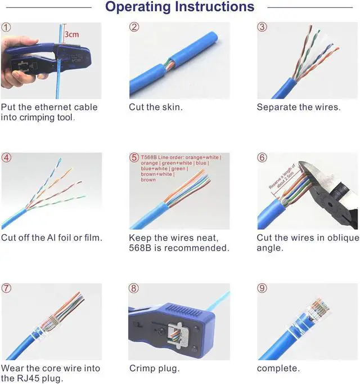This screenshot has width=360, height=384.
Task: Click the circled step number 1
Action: tap(6, 27)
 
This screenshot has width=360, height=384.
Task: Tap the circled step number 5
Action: tap(134, 158)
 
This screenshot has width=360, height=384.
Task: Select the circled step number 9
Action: tap(262, 288)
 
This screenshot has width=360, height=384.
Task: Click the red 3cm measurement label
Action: tap(71, 34)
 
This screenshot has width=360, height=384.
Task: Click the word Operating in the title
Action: tap(138, 7)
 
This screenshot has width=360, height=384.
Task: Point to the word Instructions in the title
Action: tap(215, 7)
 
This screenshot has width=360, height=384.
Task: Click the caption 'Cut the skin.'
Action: tap(155, 107)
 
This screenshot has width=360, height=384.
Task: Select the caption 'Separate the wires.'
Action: tap(298, 107)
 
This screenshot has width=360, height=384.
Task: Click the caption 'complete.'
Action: tap(278, 368)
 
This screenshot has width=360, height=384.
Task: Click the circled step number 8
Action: tap(134, 288)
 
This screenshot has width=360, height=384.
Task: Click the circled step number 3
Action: tap(262, 27)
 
